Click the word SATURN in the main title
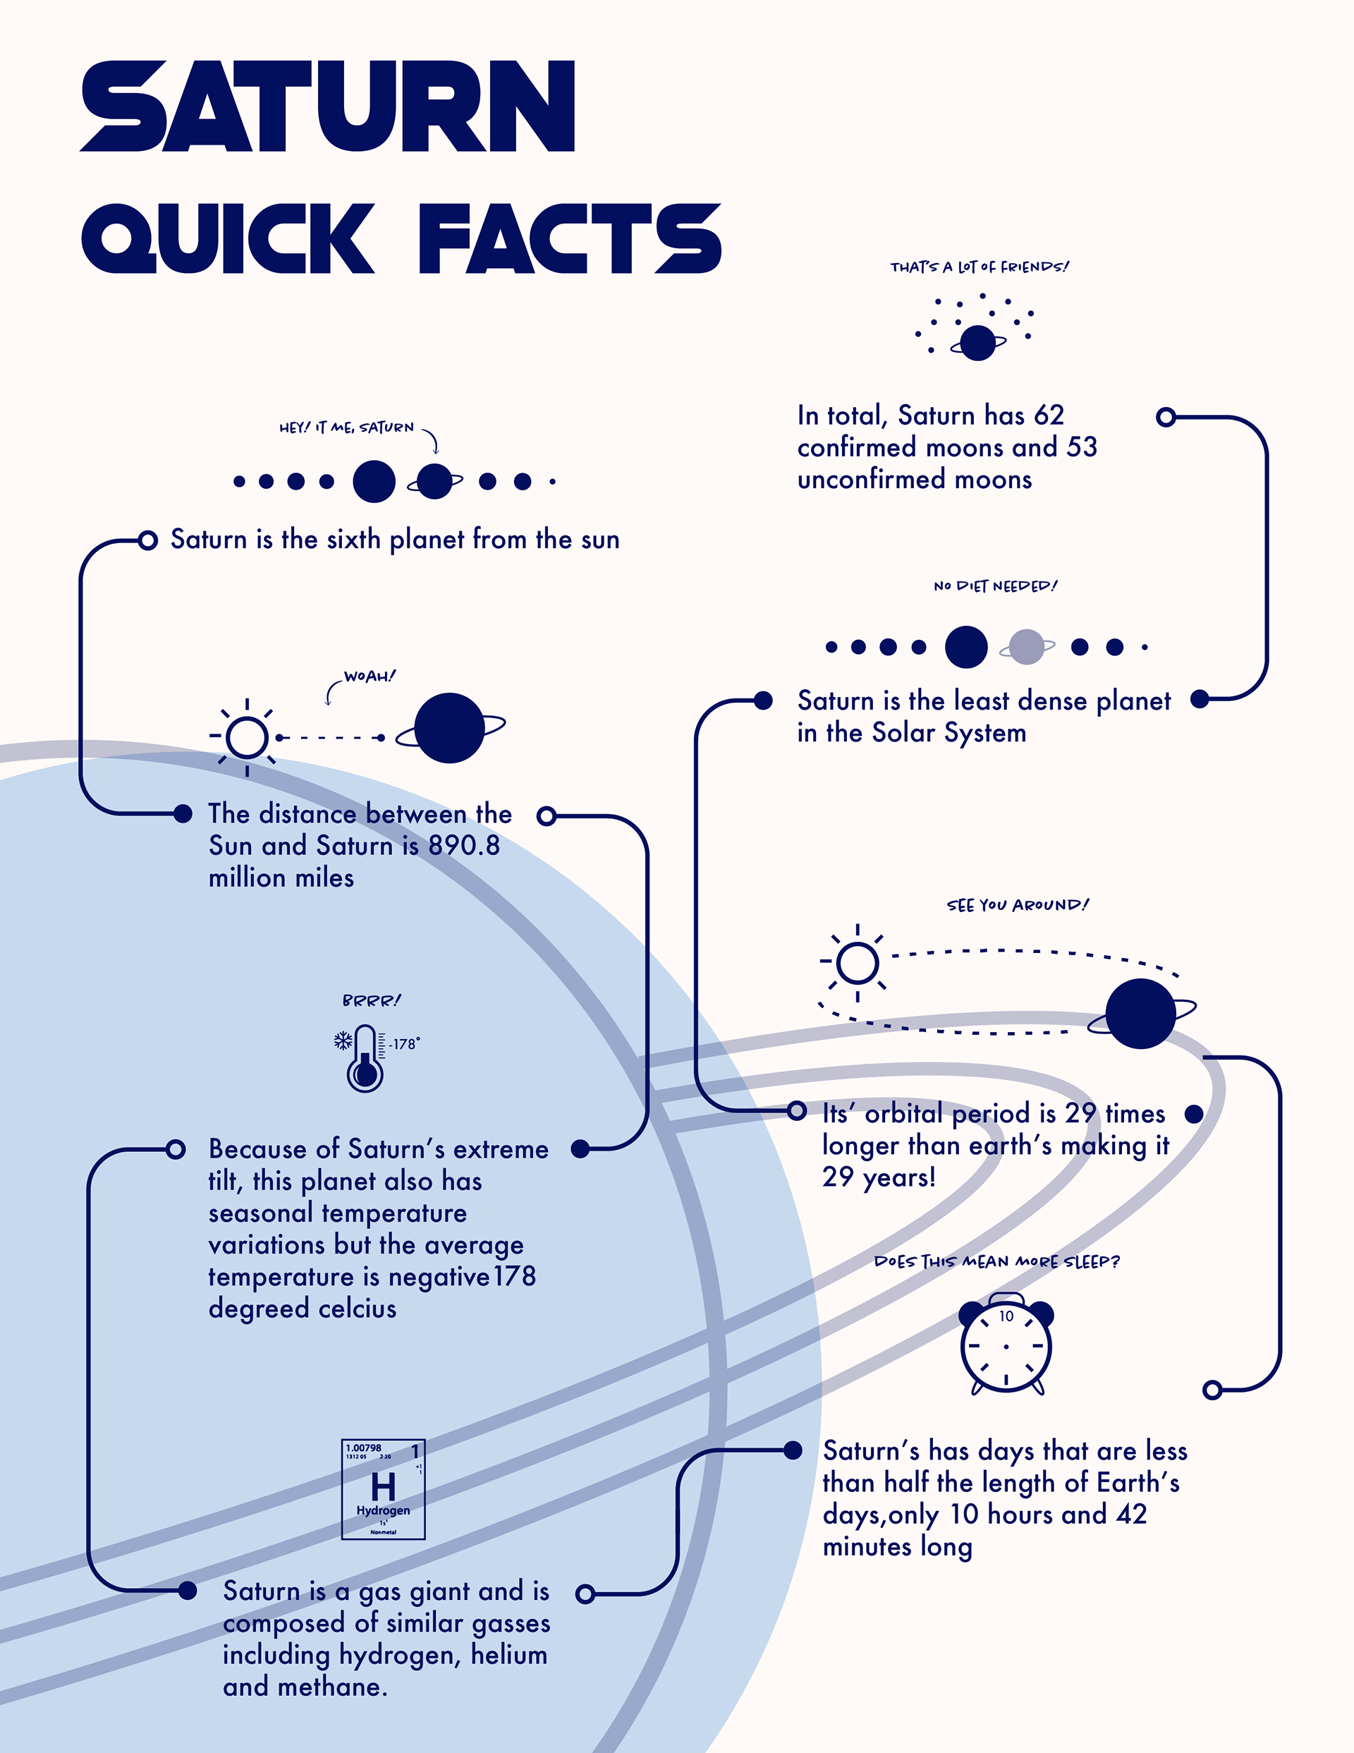coord(327,106)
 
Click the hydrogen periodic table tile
coord(383,1489)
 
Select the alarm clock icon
coord(1006,1344)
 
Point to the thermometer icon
coord(365,1058)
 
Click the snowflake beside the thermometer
coord(343,1041)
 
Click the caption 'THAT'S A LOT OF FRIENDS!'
coord(980,267)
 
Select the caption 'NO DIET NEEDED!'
coord(995,586)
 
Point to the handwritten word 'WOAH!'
coord(370,676)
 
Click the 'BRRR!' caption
coord(371,1000)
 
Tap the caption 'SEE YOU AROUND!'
coord(1018,905)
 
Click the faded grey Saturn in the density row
coord(1027,647)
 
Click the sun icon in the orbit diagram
coord(858,962)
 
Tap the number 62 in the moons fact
coord(1048,415)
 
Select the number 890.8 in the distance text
coord(464,845)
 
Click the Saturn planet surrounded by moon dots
coord(977,344)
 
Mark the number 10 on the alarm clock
coord(1006,1316)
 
